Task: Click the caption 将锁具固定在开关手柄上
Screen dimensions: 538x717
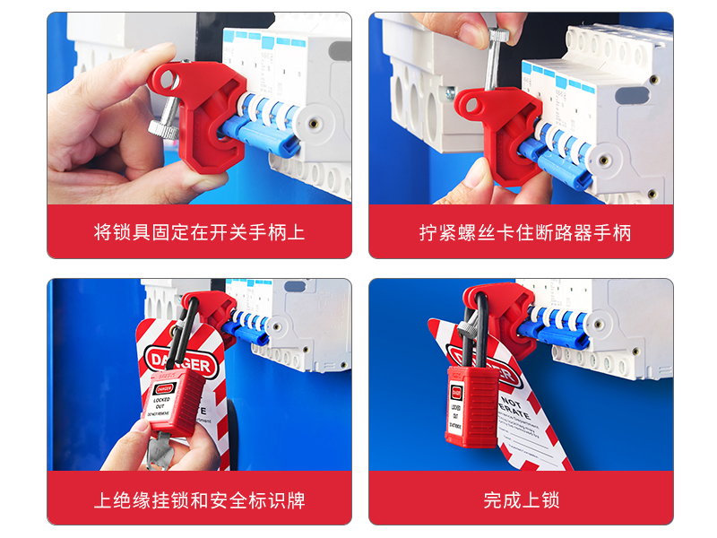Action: (199, 232)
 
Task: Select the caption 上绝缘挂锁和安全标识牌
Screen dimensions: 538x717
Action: (199, 499)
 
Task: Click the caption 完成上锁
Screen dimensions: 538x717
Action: (521, 499)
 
